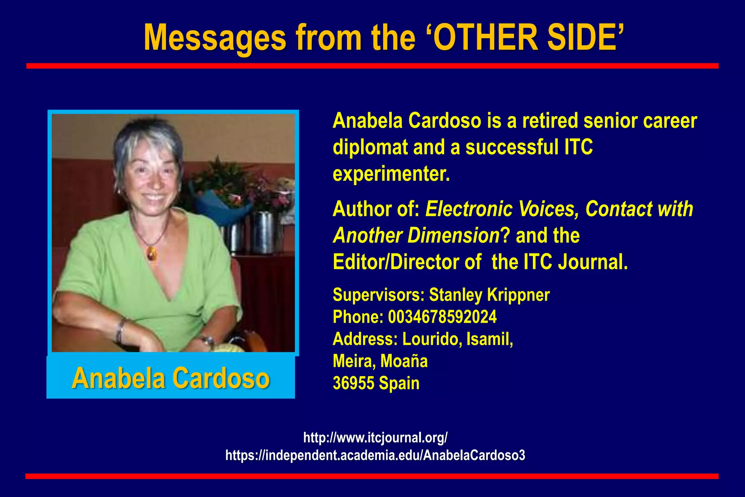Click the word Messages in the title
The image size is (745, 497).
coord(215,38)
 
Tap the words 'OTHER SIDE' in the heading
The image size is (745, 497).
coord(524,37)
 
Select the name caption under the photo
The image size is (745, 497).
coord(171,378)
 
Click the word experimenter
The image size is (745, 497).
coord(391,174)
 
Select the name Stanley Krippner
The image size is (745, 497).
coord(489,295)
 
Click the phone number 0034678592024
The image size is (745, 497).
coord(442,317)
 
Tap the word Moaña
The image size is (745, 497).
coord(404,361)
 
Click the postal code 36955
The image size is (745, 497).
coord(353,383)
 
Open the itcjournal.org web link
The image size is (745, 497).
coord(375,438)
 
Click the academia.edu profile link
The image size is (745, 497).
coord(375,455)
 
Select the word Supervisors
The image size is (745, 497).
coord(378,295)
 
